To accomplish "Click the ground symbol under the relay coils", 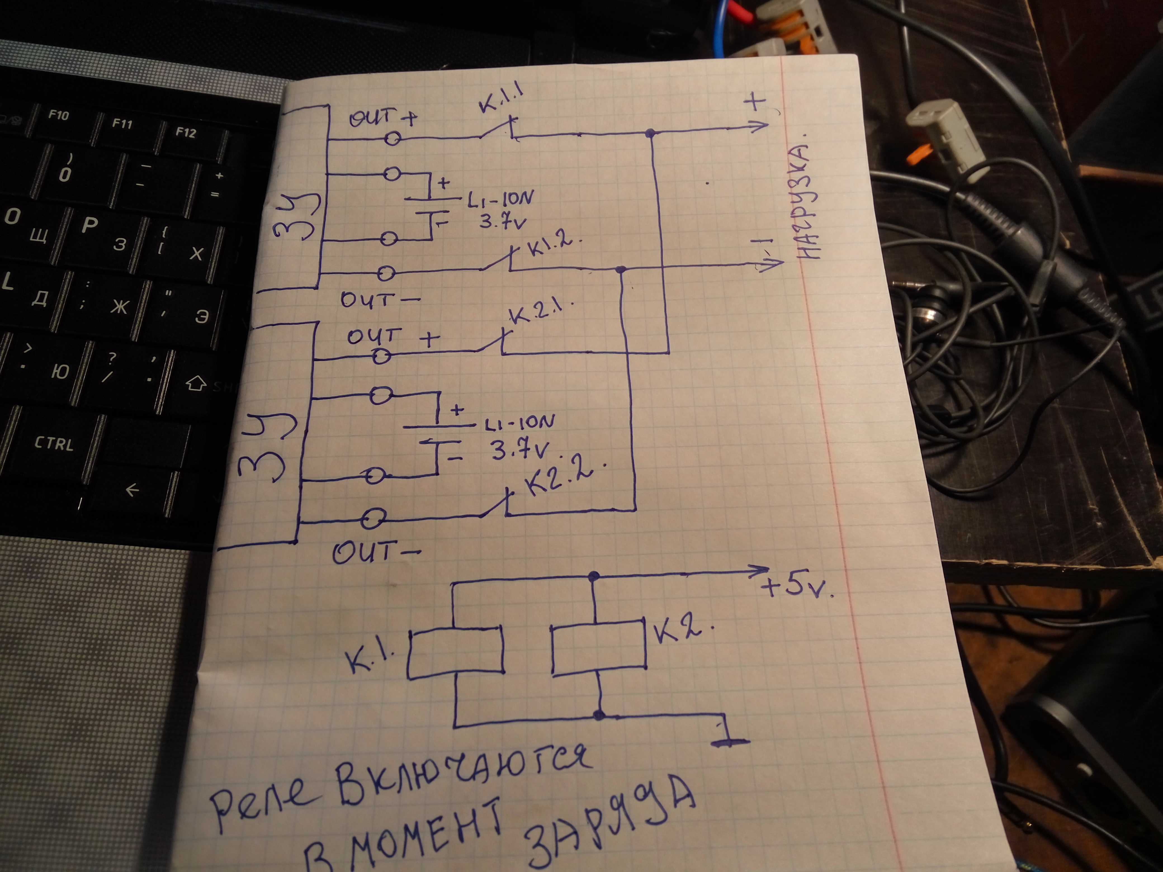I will [730, 741].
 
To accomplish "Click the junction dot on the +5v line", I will [594, 575].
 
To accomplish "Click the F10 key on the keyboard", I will [58, 115].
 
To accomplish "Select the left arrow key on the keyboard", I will [132, 490].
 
